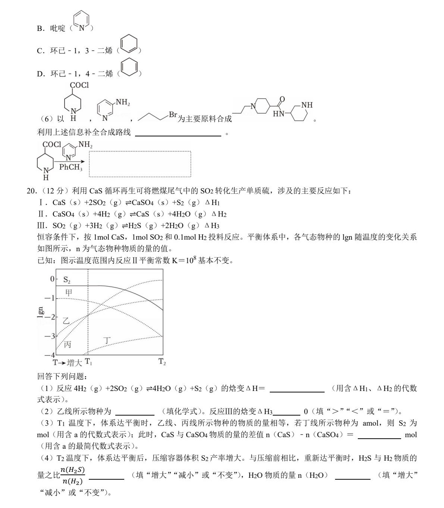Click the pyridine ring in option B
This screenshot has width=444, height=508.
click(x=81, y=21)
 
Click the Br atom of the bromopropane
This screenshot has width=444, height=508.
click(x=173, y=115)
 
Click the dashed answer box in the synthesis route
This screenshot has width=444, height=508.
click(x=140, y=164)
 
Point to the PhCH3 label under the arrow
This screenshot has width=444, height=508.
click(x=71, y=167)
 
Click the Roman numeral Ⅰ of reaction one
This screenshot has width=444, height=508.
click(x=41, y=203)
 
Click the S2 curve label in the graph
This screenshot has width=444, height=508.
click(x=67, y=280)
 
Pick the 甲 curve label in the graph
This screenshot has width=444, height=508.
click(x=69, y=293)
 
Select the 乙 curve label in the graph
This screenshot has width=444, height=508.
click(x=66, y=321)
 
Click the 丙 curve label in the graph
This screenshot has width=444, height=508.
click(x=68, y=344)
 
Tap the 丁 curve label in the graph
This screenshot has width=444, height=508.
click(x=107, y=340)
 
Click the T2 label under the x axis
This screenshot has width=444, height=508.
click(x=162, y=362)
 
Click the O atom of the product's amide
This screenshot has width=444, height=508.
click(x=282, y=99)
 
